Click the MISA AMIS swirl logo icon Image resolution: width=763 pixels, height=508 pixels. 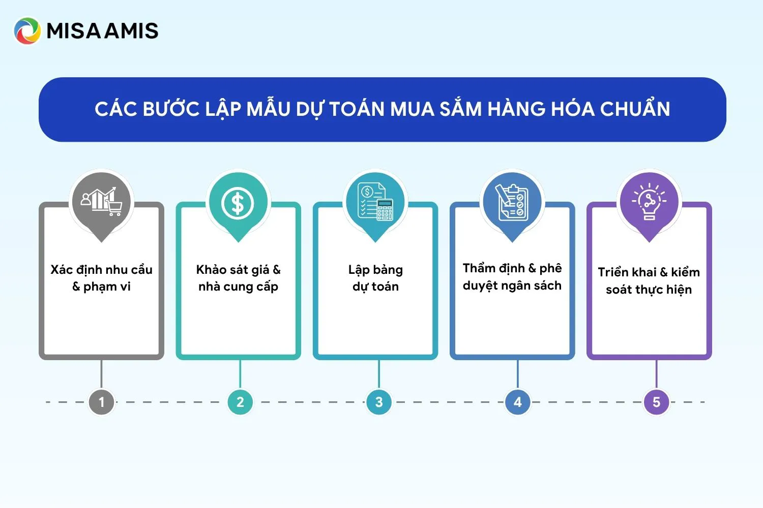tap(27, 31)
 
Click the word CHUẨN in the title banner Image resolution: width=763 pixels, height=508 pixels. tap(635, 109)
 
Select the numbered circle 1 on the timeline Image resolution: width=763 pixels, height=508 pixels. tap(102, 402)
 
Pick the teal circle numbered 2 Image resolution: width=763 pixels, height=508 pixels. tap(240, 402)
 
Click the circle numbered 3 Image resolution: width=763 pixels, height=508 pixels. tap(379, 402)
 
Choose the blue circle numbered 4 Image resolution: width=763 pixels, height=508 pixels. tap(518, 402)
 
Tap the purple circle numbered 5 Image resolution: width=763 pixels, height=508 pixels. tap(656, 402)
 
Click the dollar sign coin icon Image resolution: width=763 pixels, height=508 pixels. tap(238, 204)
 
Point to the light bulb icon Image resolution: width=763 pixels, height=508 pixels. tap(649, 202)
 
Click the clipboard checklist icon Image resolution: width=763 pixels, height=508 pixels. tap(512, 203)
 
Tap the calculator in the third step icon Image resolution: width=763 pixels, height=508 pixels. tap(385, 210)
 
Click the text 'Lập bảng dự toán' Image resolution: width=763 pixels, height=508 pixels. tap(375, 278)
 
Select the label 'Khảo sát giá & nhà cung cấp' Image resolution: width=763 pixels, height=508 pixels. tap(239, 278)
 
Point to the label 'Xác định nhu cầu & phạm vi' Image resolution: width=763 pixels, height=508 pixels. tap(102, 278)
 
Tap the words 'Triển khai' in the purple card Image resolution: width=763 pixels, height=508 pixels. tap(627, 272)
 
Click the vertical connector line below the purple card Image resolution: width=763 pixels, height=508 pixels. tap(656, 374)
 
